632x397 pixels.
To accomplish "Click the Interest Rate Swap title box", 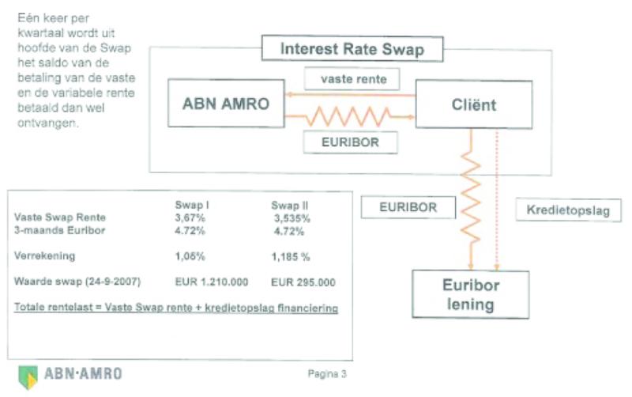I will coord(352,49).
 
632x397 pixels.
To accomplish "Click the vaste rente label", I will coord(352,80).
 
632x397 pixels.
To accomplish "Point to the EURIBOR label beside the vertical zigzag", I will coord(408,208).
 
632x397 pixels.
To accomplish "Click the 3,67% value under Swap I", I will coord(190,217).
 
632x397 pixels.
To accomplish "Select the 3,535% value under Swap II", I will coord(292,217).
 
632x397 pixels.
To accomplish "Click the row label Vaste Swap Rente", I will coord(60,217).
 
